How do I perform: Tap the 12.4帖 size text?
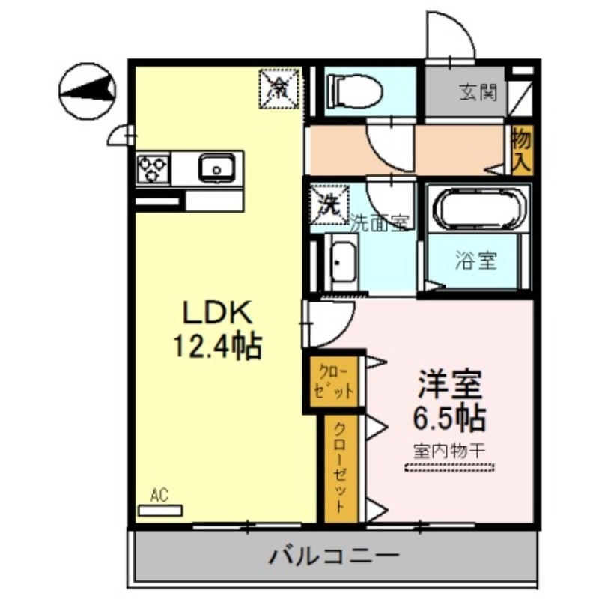coord(217,346)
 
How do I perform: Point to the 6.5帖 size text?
coord(450,417)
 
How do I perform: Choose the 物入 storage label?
coord(521,150)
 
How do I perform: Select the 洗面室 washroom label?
coord(380,222)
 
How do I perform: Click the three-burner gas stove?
coord(153,169)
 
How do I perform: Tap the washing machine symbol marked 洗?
coord(328,204)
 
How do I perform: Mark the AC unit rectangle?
coord(160,509)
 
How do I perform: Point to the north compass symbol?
coord(87,90)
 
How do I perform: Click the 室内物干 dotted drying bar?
coord(449,468)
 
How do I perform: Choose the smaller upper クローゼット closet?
coord(333,382)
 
